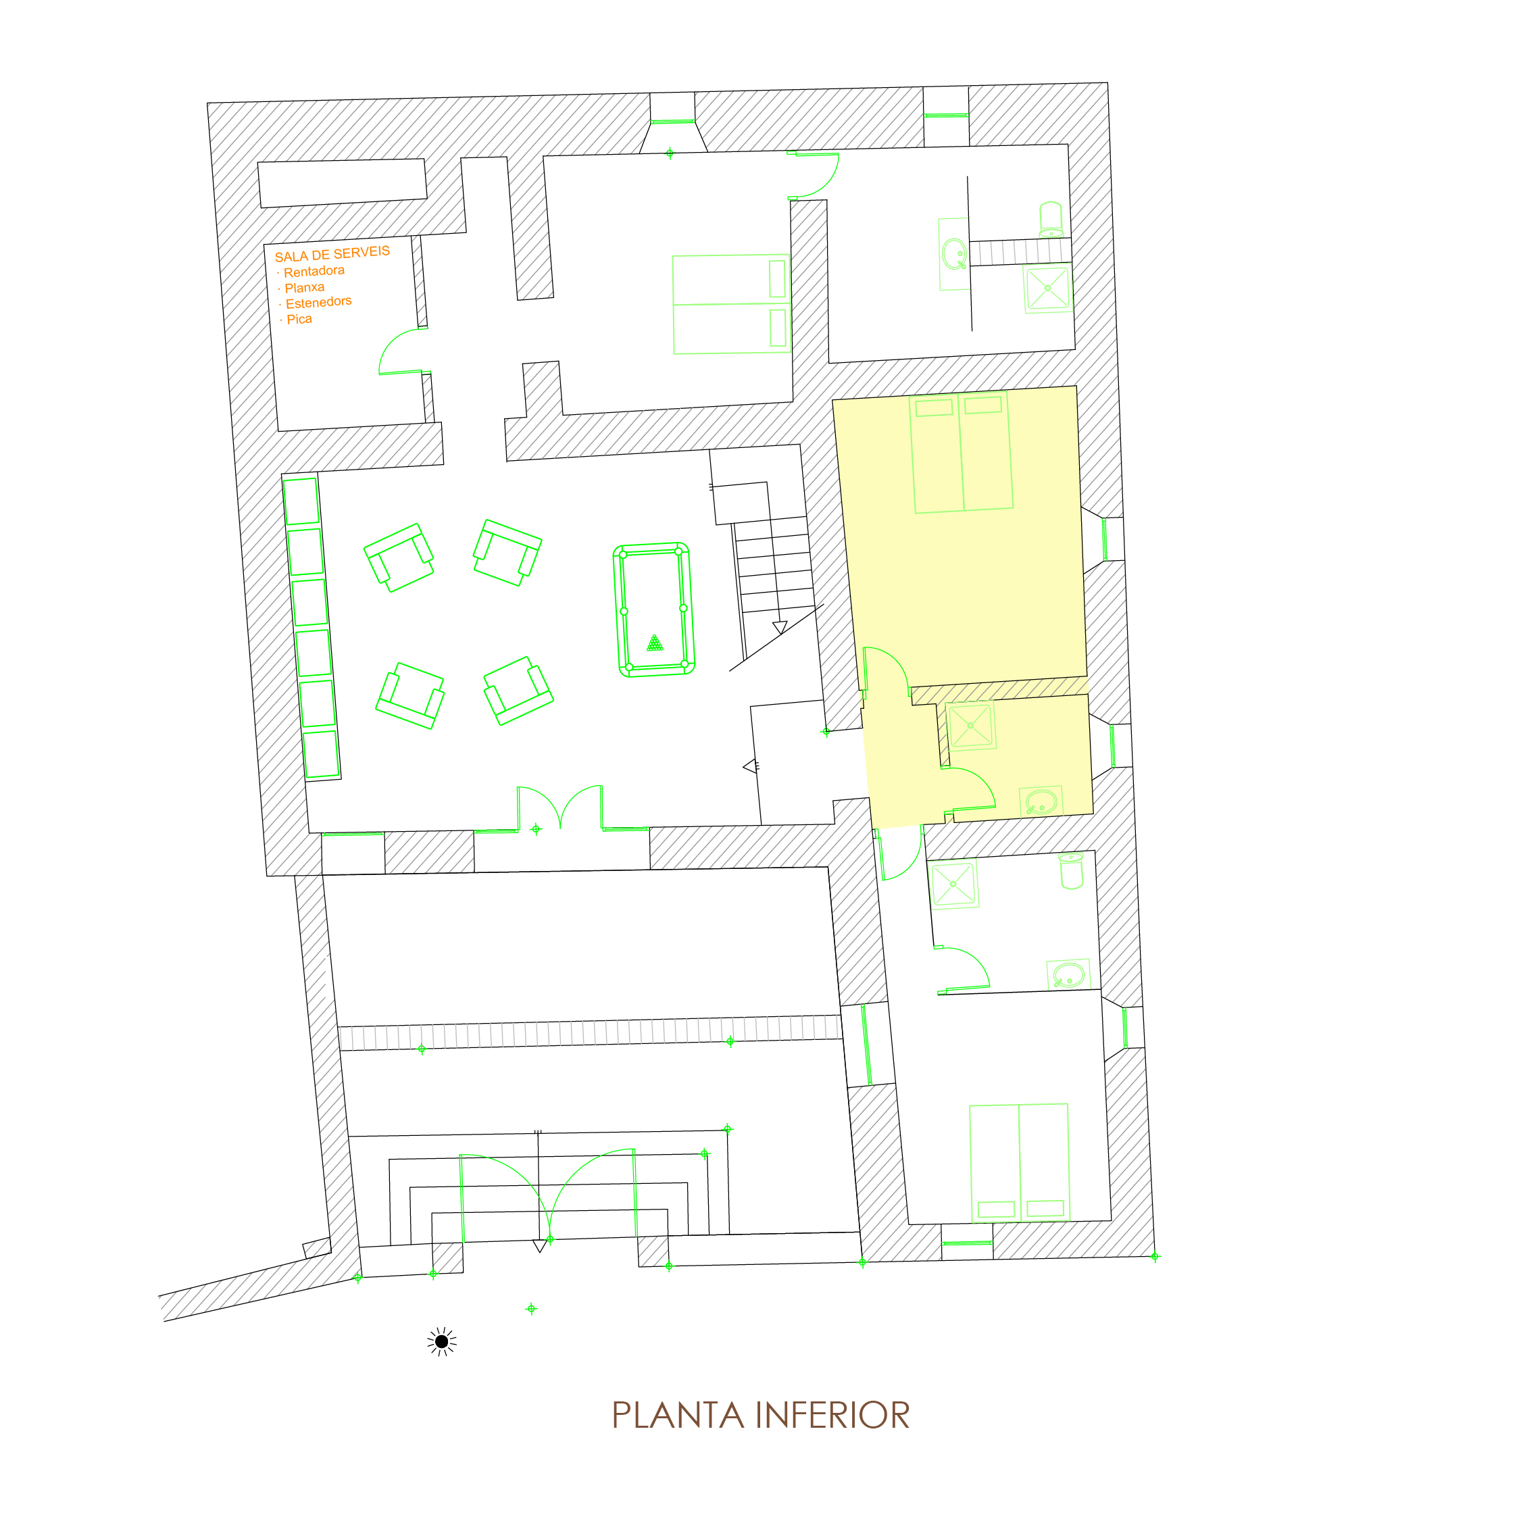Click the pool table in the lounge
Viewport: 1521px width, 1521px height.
[x=653, y=609]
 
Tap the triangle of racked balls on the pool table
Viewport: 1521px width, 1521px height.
[x=655, y=643]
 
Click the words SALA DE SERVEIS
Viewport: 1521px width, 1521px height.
[x=332, y=253]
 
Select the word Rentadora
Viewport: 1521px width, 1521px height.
[x=314, y=271]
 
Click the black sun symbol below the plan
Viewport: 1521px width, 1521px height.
[x=442, y=1341]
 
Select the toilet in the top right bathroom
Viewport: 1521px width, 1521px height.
[x=1051, y=219]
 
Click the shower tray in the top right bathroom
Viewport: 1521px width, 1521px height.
[x=1048, y=288]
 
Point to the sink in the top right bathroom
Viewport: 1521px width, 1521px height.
[x=954, y=253]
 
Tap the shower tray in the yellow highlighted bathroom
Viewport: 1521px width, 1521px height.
[x=971, y=725]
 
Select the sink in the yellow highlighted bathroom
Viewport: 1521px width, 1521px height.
[x=1041, y=801]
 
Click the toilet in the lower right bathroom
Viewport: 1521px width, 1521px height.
[x=1072, y=871]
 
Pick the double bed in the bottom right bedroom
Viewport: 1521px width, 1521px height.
[x=1020, y=1163]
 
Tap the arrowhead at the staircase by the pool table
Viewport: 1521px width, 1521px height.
[x=779, y=628]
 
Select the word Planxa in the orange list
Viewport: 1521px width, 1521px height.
[x=304, y=287]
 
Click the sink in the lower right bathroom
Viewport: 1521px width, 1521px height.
[x=1068, y=974]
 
